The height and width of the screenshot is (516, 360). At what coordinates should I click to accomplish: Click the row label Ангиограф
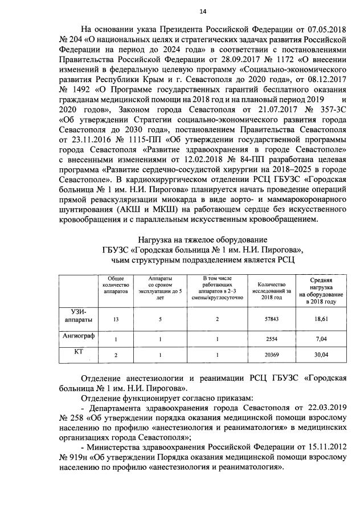point(78,336)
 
